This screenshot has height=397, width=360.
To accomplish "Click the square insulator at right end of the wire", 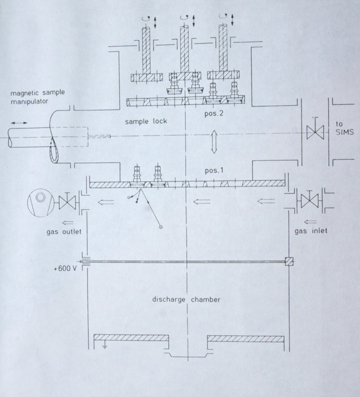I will pyautogui.click(x=289, y=261).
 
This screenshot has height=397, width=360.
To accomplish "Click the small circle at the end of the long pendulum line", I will pyautogui.click(x=161, y=228).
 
